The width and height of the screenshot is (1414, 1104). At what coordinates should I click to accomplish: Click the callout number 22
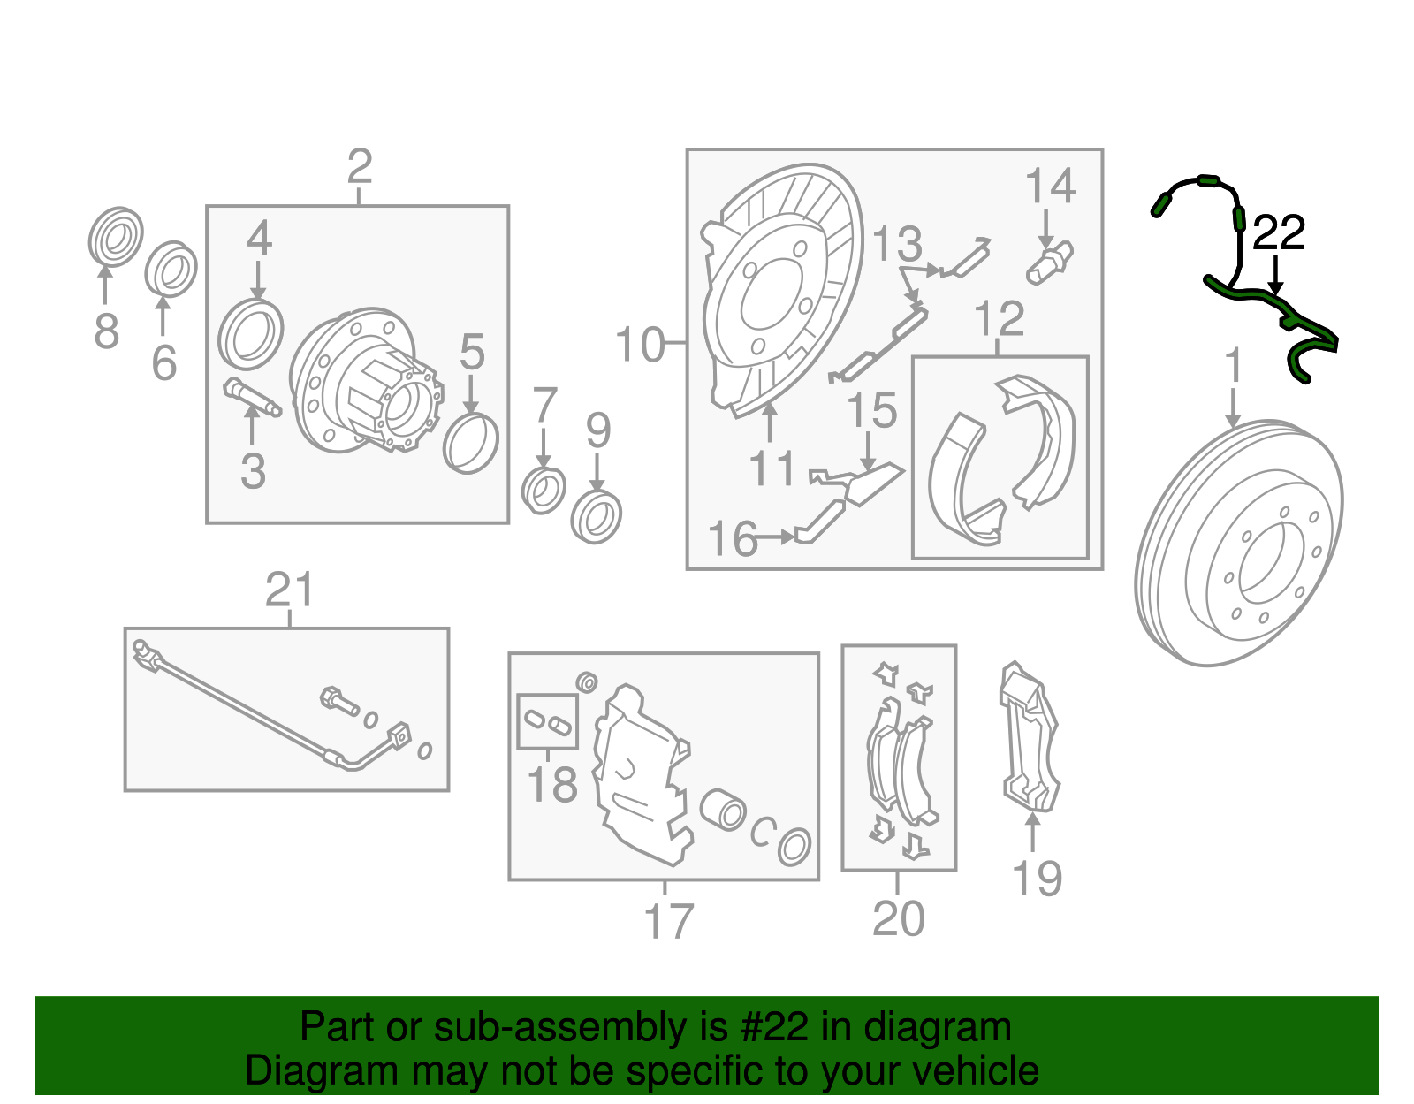click(1278, 233)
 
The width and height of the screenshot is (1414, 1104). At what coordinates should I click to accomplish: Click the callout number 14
click(1050, 187)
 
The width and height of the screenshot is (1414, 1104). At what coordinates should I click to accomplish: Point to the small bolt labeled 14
click(1049, 263)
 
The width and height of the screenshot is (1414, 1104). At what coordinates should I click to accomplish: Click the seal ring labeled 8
click(116, 237)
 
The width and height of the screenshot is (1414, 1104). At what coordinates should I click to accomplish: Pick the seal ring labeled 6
click(171, 269)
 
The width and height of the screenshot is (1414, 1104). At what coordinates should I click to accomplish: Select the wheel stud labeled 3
click(251, 397)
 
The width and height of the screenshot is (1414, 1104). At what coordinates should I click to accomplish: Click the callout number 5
click(472, 353)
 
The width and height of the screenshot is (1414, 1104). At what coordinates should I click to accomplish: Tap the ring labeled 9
click(596, 517)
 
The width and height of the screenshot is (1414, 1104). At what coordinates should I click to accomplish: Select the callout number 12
click(999, 320)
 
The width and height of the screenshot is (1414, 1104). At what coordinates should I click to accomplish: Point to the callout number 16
click(733, 539)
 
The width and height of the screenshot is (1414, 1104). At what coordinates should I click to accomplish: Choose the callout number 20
click(898, 918)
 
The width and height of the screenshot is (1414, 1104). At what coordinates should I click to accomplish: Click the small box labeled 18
click(547, 721)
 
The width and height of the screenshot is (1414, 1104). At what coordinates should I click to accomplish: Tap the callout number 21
click(290, 590)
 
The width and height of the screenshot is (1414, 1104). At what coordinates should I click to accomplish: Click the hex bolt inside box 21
click(338, 700)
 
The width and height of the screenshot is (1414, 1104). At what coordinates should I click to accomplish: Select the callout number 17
click(668, 922)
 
